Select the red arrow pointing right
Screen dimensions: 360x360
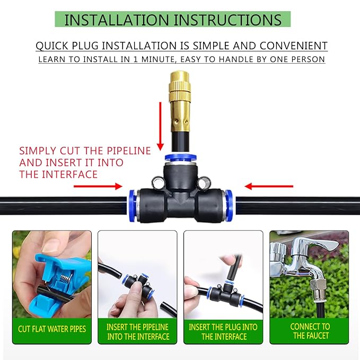pos(98,186)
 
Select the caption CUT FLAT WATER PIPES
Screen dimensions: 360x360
pos(52,329)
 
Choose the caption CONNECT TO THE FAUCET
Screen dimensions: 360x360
pos(310,331)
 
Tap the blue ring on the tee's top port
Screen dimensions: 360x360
pos(180,159)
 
